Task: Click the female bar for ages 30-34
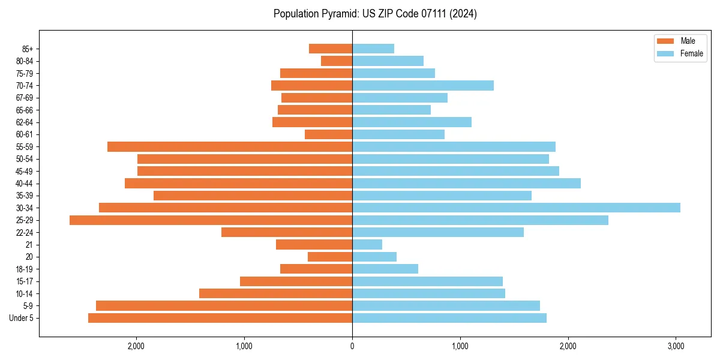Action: pos(516,208)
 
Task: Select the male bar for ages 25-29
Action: pos(211,220)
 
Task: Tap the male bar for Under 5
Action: pos(220,318)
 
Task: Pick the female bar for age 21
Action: pos(367,244)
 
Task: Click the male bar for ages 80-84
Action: pos(337,61)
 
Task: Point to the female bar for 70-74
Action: pos(423,85)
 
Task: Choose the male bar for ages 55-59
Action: pos(230,146)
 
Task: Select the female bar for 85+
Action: pos(373,49)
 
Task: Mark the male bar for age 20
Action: pos(330,257)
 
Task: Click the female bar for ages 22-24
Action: pos(438,232)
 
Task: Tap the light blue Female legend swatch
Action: pos(666,53)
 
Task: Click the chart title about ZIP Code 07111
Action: pos(375,14)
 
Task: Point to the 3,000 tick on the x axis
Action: pos(676,346)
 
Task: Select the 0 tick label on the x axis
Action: pos(352,346)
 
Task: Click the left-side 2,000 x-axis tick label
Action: pos(136,346)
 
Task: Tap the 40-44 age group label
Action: pos(25,184)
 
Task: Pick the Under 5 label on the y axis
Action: pos(22,318)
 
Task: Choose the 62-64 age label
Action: pos(25,122)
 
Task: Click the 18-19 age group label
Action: pos(25,269)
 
